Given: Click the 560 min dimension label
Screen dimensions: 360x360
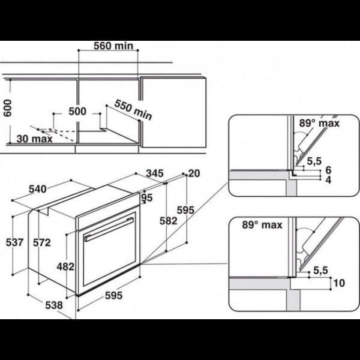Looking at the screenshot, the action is point(113,46).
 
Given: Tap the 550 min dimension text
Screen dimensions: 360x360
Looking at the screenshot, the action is point(133,110).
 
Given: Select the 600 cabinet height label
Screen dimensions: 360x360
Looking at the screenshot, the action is point(8,108).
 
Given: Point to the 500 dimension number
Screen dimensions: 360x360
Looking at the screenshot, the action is point(77,112).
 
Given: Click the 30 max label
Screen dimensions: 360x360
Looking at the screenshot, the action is point(35,139).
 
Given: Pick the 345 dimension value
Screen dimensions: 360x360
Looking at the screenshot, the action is point(155,173).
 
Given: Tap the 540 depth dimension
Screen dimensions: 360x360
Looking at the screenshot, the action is point(38,189).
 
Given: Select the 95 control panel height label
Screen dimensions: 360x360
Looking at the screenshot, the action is point(147,197).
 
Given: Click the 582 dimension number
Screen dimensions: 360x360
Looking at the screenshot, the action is point(169,221).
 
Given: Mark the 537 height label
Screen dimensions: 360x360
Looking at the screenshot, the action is point(14,242).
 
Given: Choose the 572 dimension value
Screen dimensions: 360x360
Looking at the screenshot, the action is point(42,242).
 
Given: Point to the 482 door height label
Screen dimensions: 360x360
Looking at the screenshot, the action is point(65,267).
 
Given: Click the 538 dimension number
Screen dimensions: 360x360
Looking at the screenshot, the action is point(54,305).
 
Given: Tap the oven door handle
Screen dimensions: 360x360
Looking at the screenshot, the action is point(109,229).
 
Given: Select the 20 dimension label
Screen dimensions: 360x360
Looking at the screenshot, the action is point(194,173).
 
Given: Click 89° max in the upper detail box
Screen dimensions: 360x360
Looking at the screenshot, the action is point(319,123).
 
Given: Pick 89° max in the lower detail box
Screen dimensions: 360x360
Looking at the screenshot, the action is point(262,225).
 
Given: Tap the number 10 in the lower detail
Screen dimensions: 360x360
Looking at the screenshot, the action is point(339,283).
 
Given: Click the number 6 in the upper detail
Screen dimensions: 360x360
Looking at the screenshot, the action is point(329,170).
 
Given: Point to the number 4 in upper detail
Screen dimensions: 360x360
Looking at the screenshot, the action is point(329,180).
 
